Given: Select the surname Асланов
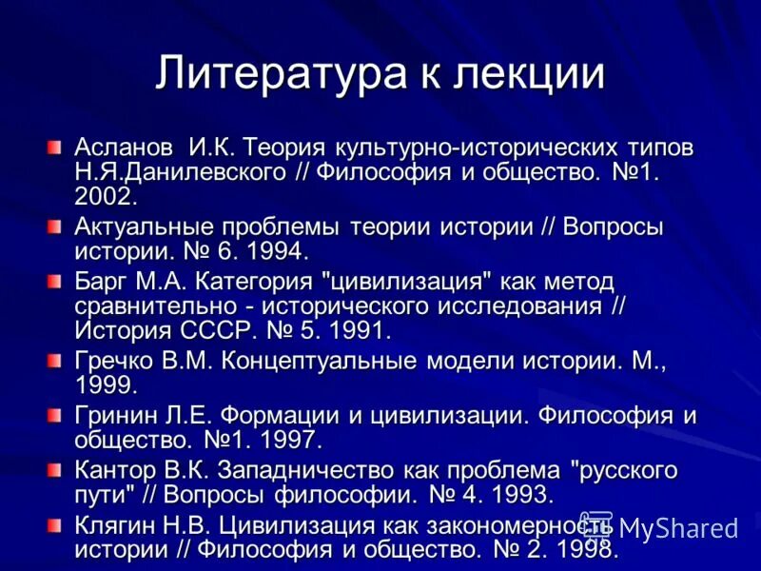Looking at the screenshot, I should [124, 148].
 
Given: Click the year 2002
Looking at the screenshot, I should [106, 197].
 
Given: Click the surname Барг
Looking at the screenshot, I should [102, 282].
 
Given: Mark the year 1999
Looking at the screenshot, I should [106, 385].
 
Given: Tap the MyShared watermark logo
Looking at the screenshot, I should [667, 527].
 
